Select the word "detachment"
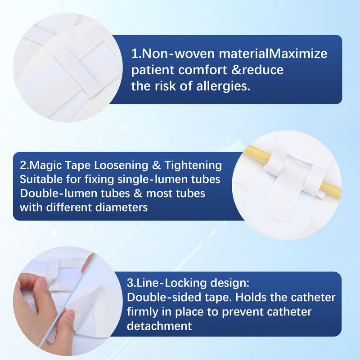pos(159,326)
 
